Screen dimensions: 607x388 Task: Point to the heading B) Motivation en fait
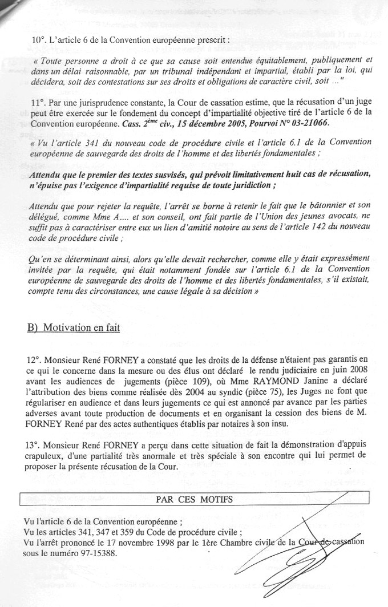pyautogui.click(x=74, y=329)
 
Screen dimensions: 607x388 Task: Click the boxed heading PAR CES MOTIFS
pyautogui.click(x=195, y=499)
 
